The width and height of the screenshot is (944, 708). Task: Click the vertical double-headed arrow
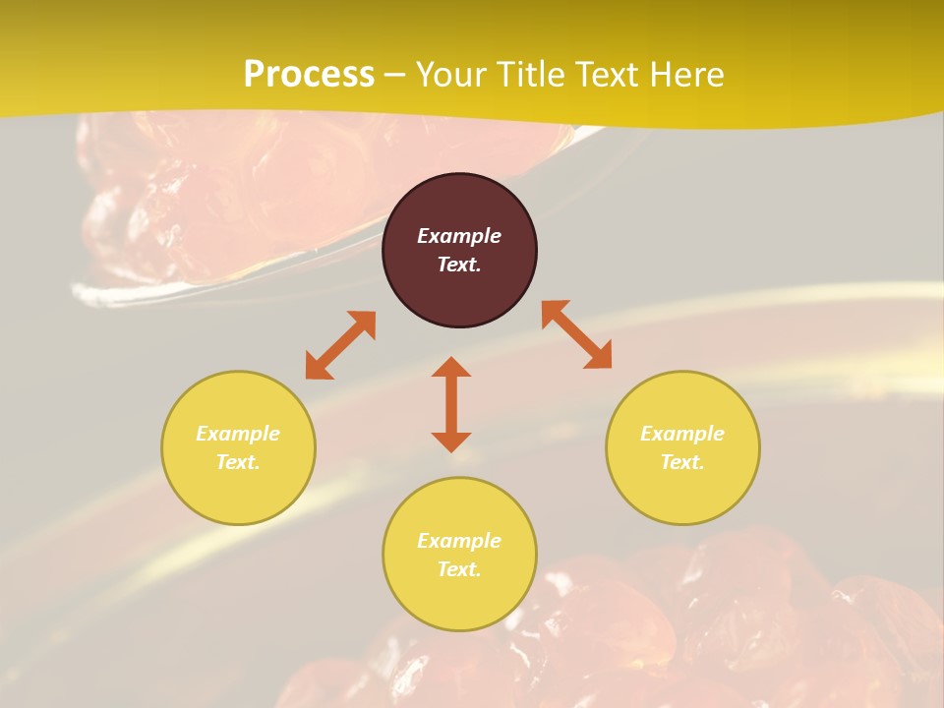(x=451, y=404)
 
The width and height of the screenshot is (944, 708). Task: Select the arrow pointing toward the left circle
(x=340, y=345)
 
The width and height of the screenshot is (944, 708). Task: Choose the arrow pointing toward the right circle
(x=576, y=334)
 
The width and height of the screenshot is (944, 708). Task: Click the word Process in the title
(x=309, y=75)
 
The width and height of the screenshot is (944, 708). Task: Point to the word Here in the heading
(x=688, y=75)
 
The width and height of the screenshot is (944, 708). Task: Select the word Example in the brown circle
(x=459, y=236)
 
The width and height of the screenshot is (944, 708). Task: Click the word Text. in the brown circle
(x=459, y=265)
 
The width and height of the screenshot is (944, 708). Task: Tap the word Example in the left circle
(x=238, y=434)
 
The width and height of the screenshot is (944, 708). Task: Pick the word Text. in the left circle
(x=238, y=462)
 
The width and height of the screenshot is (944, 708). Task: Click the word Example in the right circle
(x=682, y=434)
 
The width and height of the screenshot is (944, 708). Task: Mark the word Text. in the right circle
(x=682, y=462)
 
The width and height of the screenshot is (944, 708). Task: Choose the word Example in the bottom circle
(x=459, y=541)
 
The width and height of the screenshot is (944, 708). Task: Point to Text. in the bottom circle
(x=459, y=569)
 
